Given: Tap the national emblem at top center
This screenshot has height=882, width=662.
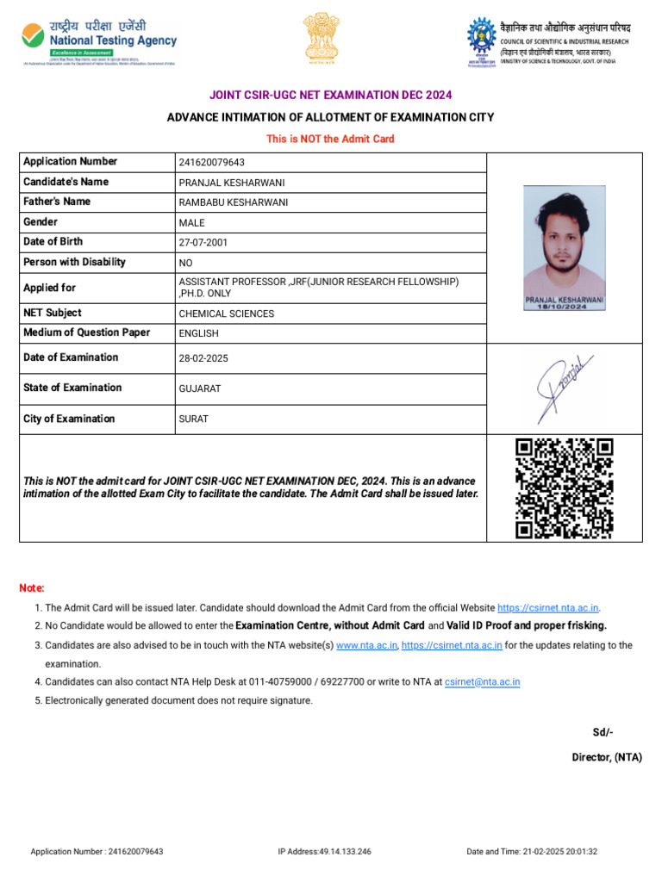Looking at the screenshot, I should [x=321, y=39].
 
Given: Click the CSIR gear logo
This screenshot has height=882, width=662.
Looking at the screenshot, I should [x=481, y=40].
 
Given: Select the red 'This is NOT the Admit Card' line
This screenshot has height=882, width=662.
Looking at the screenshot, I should [x=330, y=139].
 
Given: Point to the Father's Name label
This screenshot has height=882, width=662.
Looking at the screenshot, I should [x=57, y=202].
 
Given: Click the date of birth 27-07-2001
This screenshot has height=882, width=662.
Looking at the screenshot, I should [x=203, y=243].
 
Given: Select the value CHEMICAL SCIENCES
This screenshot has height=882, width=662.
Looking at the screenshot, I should [x=226, y=314].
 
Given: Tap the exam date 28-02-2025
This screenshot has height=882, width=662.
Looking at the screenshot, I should [x=203, y=358].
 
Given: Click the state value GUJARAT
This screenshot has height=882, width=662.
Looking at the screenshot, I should [x=199, y=388].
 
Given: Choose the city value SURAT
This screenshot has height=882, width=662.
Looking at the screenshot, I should [x=193, y=419].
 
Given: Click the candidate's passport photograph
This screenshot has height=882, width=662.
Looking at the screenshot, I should [x=565, y=245].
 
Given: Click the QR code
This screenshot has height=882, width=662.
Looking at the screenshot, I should [x=565, y=488].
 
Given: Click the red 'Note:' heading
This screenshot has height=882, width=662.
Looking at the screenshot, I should [x=32, y=587].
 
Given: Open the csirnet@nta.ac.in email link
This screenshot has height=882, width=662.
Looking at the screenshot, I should [x=482, y=682].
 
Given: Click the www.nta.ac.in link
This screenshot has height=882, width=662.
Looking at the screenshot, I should [x=366, y=645].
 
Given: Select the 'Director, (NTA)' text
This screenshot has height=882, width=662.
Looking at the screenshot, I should [x=607, y=757].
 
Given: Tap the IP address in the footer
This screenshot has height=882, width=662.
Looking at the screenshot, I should [x=324, y=852].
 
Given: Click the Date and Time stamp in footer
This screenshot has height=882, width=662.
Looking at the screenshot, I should [x=532, y=852].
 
